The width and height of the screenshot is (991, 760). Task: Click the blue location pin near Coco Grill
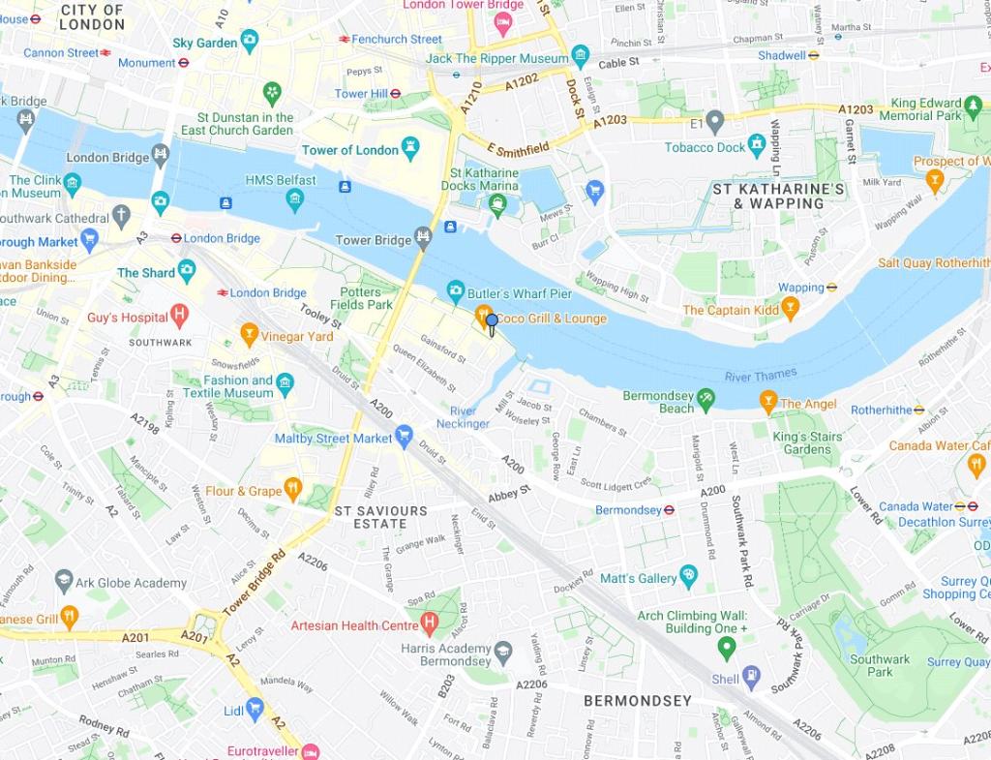tap(492, 322)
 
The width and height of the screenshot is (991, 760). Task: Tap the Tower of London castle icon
tap(411, 149)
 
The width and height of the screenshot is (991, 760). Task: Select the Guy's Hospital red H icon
tap(179, 317)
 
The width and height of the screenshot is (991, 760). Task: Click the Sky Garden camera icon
tap(250, 42)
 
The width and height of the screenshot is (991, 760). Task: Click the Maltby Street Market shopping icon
tap(405, 437)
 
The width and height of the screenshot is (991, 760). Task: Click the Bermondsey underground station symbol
tap(669, 510)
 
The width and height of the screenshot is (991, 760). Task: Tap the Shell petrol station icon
tap(751, 678)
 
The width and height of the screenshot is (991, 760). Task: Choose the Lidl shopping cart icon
tap(255, 710)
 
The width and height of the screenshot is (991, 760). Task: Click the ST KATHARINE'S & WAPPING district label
tap(779, 196)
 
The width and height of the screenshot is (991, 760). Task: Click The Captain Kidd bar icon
tap(791, 309)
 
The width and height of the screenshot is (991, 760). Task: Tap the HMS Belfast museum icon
tap(295, 200)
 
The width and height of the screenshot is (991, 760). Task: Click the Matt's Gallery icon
tap(689, 577)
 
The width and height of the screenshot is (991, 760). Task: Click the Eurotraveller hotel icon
tap(310, 751)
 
